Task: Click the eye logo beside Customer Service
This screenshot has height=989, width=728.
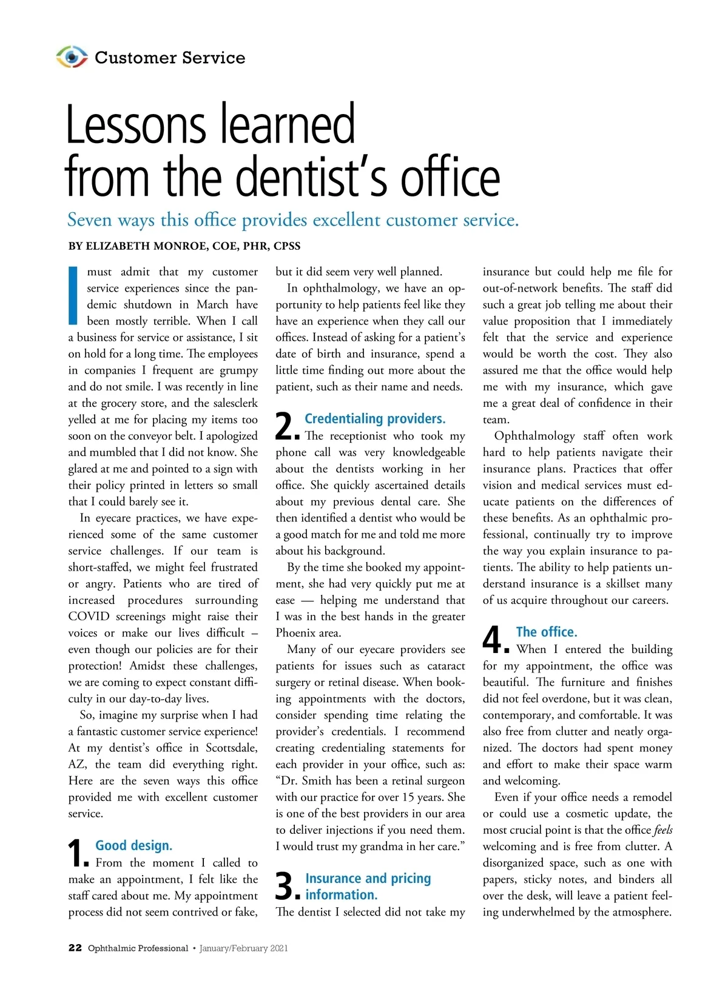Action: (72, 57)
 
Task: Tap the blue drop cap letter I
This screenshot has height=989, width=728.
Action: (73, 295)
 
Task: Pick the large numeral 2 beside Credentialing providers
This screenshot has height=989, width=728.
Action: (285, 426)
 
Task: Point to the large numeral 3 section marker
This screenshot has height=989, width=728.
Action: (285, 887)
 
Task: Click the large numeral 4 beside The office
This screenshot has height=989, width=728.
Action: (493, 639)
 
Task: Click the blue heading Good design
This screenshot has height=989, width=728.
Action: (134, 845)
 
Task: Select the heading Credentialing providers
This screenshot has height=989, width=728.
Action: (375, 418)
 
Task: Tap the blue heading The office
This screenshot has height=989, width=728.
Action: (547, 632)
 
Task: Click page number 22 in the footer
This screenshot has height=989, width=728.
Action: (75, 948)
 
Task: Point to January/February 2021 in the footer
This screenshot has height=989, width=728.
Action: (244, 948)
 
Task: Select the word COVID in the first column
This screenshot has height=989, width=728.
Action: (89, 617)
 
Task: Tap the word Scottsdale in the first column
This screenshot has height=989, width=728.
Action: (231, 748)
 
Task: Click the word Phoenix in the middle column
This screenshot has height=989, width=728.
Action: (297, 633)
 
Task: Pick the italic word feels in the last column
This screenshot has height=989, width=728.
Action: (663, 830)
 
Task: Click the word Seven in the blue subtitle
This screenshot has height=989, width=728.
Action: (90, 220)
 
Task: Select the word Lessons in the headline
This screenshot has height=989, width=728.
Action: (135, 124)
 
